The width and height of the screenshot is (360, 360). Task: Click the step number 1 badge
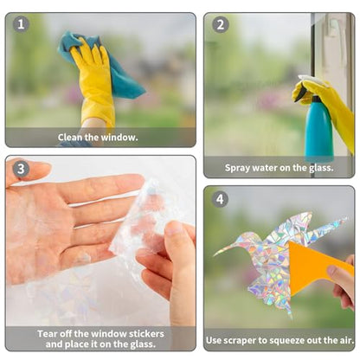click(x=21, y=24)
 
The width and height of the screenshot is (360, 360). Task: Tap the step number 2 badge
click(x=221, y=24)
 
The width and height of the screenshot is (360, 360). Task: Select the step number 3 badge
click(x=21, y=169)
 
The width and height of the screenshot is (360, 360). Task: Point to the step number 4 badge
click(x=220, y=199)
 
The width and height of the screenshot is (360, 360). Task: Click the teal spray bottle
click(x=318, y=128)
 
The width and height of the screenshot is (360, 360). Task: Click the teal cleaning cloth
click(x=101, y=65)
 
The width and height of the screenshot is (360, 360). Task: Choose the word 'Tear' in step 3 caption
click(x=47, y=334)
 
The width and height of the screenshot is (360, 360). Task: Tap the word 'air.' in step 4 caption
click(x=346, y=340)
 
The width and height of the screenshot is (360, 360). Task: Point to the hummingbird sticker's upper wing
click(x=288, y=227)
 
